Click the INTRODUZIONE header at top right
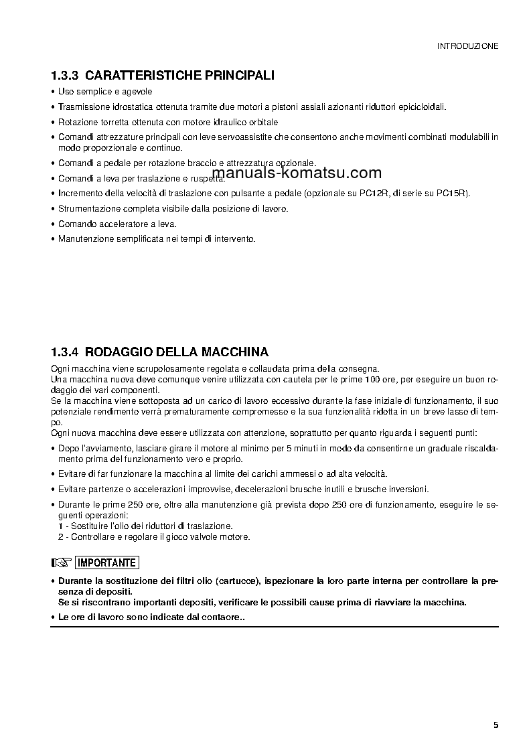point(467,46)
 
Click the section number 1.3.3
point(65,76)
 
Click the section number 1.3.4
point(65,352)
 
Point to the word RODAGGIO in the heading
point(119,352)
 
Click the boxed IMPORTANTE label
point(107,562)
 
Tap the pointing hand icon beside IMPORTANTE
point(61,562)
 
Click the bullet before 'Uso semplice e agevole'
point(53,92)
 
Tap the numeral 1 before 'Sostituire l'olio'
point(60,526)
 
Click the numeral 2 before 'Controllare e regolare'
point(60,536)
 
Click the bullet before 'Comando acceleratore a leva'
point(53,224)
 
